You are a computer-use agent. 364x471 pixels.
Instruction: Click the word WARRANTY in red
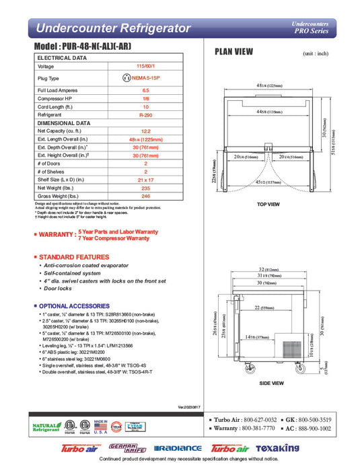pyautogui.click(x=57, y=235)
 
